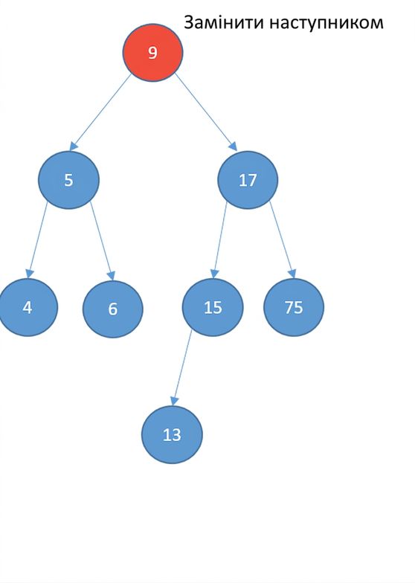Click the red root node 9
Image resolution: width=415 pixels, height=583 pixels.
(153, 52)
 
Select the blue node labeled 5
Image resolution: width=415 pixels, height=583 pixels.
(68, 180)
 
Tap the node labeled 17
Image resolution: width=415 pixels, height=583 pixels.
(248, 180)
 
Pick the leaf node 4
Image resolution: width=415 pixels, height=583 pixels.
(28, 308)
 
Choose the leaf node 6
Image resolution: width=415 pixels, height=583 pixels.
(113, 309)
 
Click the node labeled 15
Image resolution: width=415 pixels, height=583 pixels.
(213, 308)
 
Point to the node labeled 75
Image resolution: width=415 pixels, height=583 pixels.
(294, 308)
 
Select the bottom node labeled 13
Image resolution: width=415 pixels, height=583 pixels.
(172, 434)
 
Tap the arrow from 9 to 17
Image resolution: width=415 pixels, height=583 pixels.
(205, 112)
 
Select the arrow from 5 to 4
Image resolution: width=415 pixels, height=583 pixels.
(37, 239)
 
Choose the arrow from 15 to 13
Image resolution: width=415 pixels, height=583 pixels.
(182, 367)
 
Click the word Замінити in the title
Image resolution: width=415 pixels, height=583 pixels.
(224, 22)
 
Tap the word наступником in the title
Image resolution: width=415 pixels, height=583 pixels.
(326, 23)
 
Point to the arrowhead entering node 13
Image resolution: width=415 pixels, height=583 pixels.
(174, 401)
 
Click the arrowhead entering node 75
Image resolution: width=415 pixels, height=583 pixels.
(292, 274)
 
